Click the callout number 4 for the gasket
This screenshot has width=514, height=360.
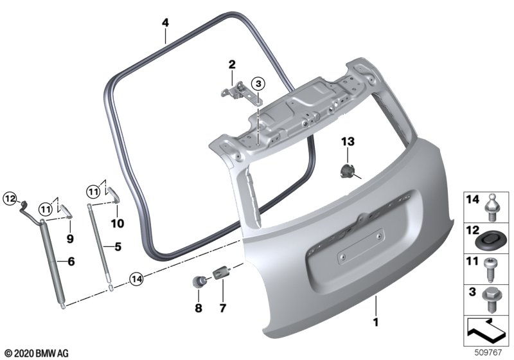165,22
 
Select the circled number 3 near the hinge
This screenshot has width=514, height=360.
258,84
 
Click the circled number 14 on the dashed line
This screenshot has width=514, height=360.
136,280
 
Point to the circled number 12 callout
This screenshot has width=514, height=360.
10,199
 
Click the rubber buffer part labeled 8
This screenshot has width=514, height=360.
199,282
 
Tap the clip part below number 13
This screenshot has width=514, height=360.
348,171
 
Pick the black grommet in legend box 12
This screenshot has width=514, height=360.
489,240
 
